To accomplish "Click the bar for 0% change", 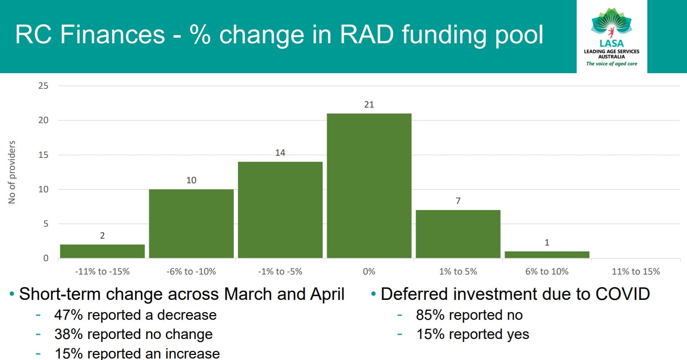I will pos(369,186).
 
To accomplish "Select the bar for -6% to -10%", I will pos(191,223).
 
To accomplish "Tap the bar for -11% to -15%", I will pos(102,251).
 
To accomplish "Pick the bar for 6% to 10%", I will pos(547,255).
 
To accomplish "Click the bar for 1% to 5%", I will pos(458,234).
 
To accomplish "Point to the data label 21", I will pos(369,105).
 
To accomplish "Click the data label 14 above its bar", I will pos(280,153).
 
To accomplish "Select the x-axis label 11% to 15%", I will pos(636,272).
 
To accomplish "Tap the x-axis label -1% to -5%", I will pos(280,272).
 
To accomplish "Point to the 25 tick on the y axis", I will pos(43,86).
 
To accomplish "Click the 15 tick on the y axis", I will pos(43,155).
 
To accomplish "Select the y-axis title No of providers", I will pos(12,172).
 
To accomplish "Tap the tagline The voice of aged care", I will pos(611,64).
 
